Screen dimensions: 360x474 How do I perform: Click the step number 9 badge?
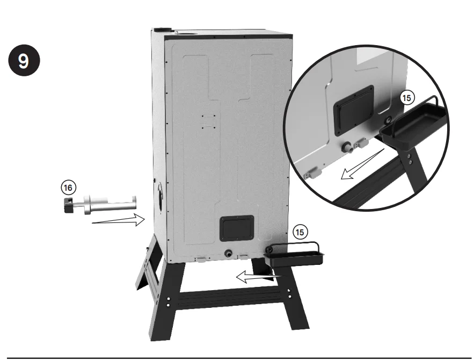point(24,60)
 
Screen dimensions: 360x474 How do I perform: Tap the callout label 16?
point(68,187)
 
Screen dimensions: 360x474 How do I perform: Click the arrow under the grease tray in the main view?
point(255,277)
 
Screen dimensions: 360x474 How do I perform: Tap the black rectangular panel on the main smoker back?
point(237,229)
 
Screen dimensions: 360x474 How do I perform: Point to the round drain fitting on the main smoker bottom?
point(229,253)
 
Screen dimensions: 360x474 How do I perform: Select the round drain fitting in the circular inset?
point(348,145)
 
